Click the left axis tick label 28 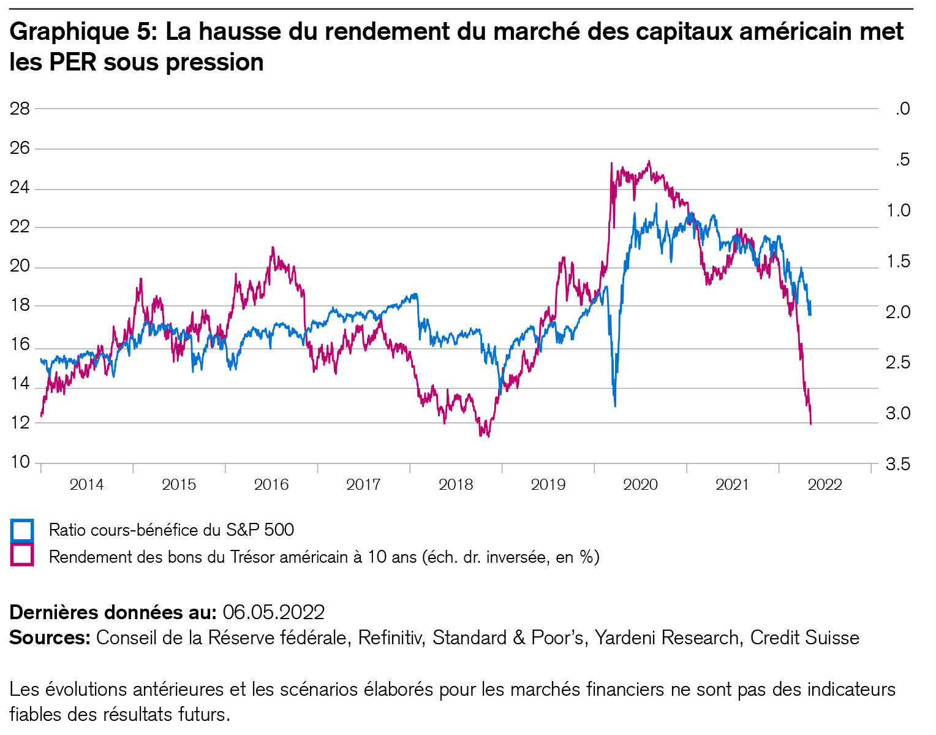click(20, 109)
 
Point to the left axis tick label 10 click(20, 462)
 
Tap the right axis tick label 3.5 click(897, 464)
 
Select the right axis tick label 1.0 click(897, 210)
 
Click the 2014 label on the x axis click(86, 485)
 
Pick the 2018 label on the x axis click(456, 485)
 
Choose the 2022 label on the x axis click(825, 485)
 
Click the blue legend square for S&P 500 click(22, 530)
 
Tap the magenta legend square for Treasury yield click(22, 555)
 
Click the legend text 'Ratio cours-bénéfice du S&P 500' click(172, 530)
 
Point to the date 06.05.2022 click(273, 612)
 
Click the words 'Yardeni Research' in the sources click(666, 638)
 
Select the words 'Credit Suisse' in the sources click(804, 638)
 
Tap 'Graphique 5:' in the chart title click(84, 32)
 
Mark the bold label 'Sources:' click(50, 638)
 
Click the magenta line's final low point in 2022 click(811, 423)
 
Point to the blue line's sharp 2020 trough click(615, 405)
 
